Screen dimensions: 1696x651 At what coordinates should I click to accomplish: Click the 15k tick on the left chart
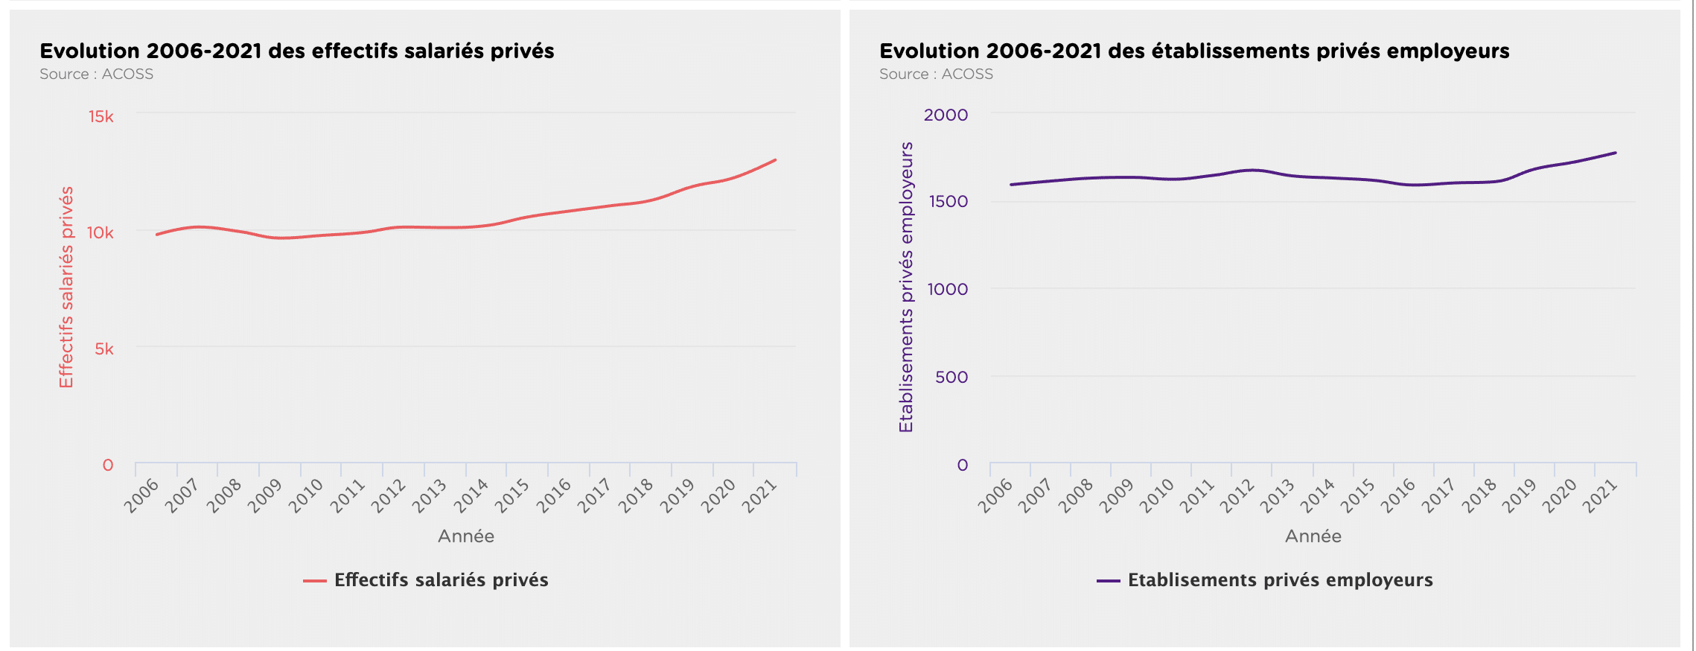101,116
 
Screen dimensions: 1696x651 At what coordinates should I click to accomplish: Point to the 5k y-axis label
104,349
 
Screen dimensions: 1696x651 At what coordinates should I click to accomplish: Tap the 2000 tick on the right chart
946,115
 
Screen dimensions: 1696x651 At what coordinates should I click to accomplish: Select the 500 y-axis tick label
951,377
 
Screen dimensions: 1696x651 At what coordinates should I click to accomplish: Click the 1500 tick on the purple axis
949,201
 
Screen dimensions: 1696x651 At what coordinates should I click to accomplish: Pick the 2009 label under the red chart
265,496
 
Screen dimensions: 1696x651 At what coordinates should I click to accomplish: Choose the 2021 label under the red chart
759,496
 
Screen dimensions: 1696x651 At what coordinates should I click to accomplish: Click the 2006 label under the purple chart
996,496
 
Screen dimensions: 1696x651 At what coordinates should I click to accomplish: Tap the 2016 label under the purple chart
1398,496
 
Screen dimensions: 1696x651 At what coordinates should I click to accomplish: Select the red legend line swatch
315,581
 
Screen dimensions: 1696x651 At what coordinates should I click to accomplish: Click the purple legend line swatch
1109,581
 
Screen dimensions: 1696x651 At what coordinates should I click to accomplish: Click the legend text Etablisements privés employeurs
1281,580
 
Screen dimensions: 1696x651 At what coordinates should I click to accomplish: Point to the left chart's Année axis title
466,536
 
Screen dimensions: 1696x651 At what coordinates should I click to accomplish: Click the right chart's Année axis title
1313,536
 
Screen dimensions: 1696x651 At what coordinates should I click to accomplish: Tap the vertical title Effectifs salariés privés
66,287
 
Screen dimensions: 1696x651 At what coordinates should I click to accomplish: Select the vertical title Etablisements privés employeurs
906,287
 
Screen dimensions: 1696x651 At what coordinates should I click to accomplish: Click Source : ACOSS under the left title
97,74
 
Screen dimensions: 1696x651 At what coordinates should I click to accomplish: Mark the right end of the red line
776,159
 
